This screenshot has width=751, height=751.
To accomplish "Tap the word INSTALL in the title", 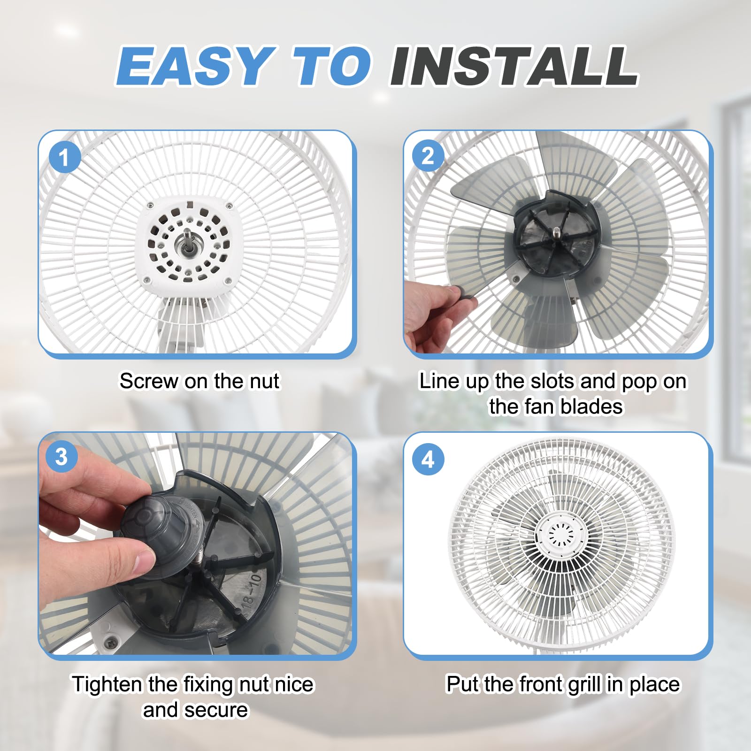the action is (513, 66).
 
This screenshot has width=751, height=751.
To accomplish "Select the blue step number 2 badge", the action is (428, 156).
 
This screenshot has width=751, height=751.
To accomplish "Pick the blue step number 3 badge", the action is (61, 457).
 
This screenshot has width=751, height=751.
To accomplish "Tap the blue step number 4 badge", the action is (428, 460).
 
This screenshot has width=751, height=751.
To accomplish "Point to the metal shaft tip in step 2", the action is (556, 232).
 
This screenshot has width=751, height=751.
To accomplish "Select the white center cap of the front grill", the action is (559, 534).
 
